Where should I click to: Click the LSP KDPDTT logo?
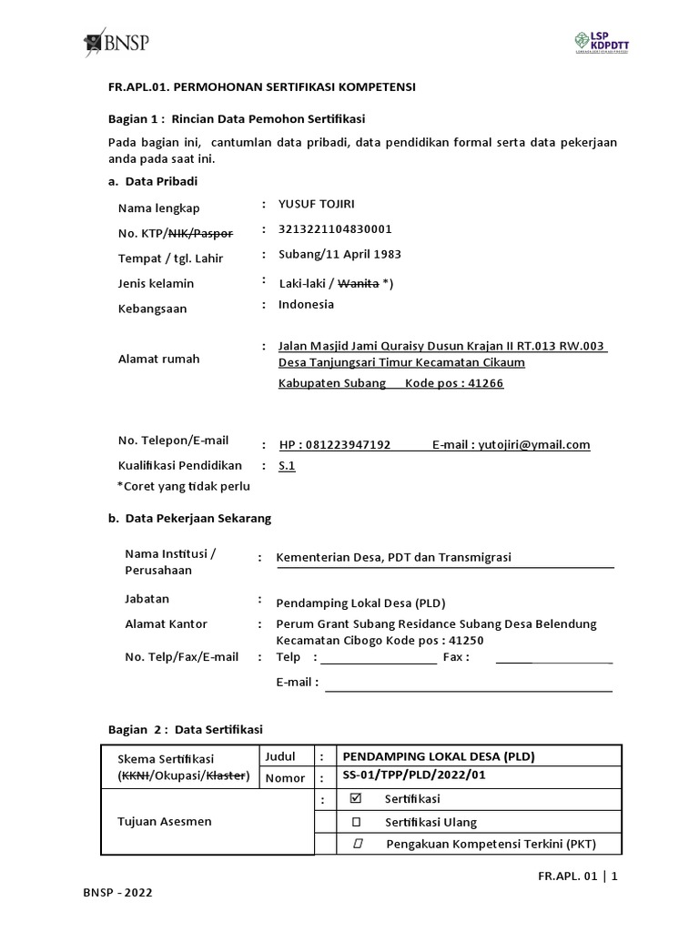click(x=596, y=43)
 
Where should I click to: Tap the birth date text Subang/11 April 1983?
click(x=339, y=255)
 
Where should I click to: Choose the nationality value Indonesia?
click(x=306, y=305)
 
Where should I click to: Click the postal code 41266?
click(x=488, y=384)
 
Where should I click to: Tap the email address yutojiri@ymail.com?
click(x=534, y=445)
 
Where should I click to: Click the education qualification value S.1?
click(x=287, y=466)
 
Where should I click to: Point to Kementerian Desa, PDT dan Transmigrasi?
click(x=394, y=558)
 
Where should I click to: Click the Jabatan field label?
click(x=147, y=600)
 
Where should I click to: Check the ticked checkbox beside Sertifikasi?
click(x=356, y=799)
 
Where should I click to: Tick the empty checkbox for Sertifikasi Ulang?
click(x=356, y=822)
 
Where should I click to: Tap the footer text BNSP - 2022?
click(x=117, y=893)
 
